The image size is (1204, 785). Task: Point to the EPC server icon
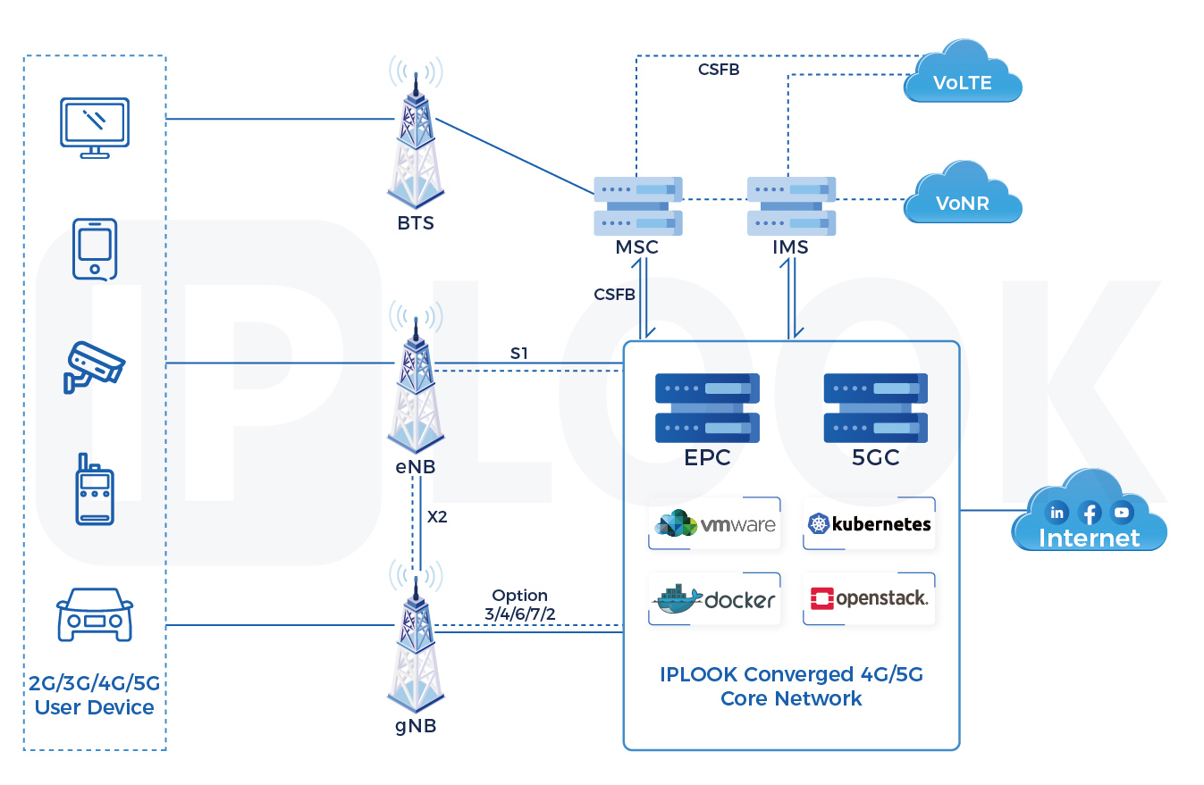point(707,407)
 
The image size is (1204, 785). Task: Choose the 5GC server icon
point(875,407)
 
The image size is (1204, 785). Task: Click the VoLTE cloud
point(963,77)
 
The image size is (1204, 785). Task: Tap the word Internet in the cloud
point(1089,539)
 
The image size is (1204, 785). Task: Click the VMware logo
point(715,524)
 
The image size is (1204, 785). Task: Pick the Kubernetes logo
point(869,524)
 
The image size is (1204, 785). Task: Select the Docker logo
point(715,599)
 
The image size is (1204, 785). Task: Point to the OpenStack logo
point(869,598)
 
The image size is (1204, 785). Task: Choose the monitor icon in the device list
point(94,127)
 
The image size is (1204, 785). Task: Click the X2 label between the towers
point(437,516)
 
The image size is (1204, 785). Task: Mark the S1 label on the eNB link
point(519,354)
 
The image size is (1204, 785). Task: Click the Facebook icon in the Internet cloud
point(1089,513)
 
